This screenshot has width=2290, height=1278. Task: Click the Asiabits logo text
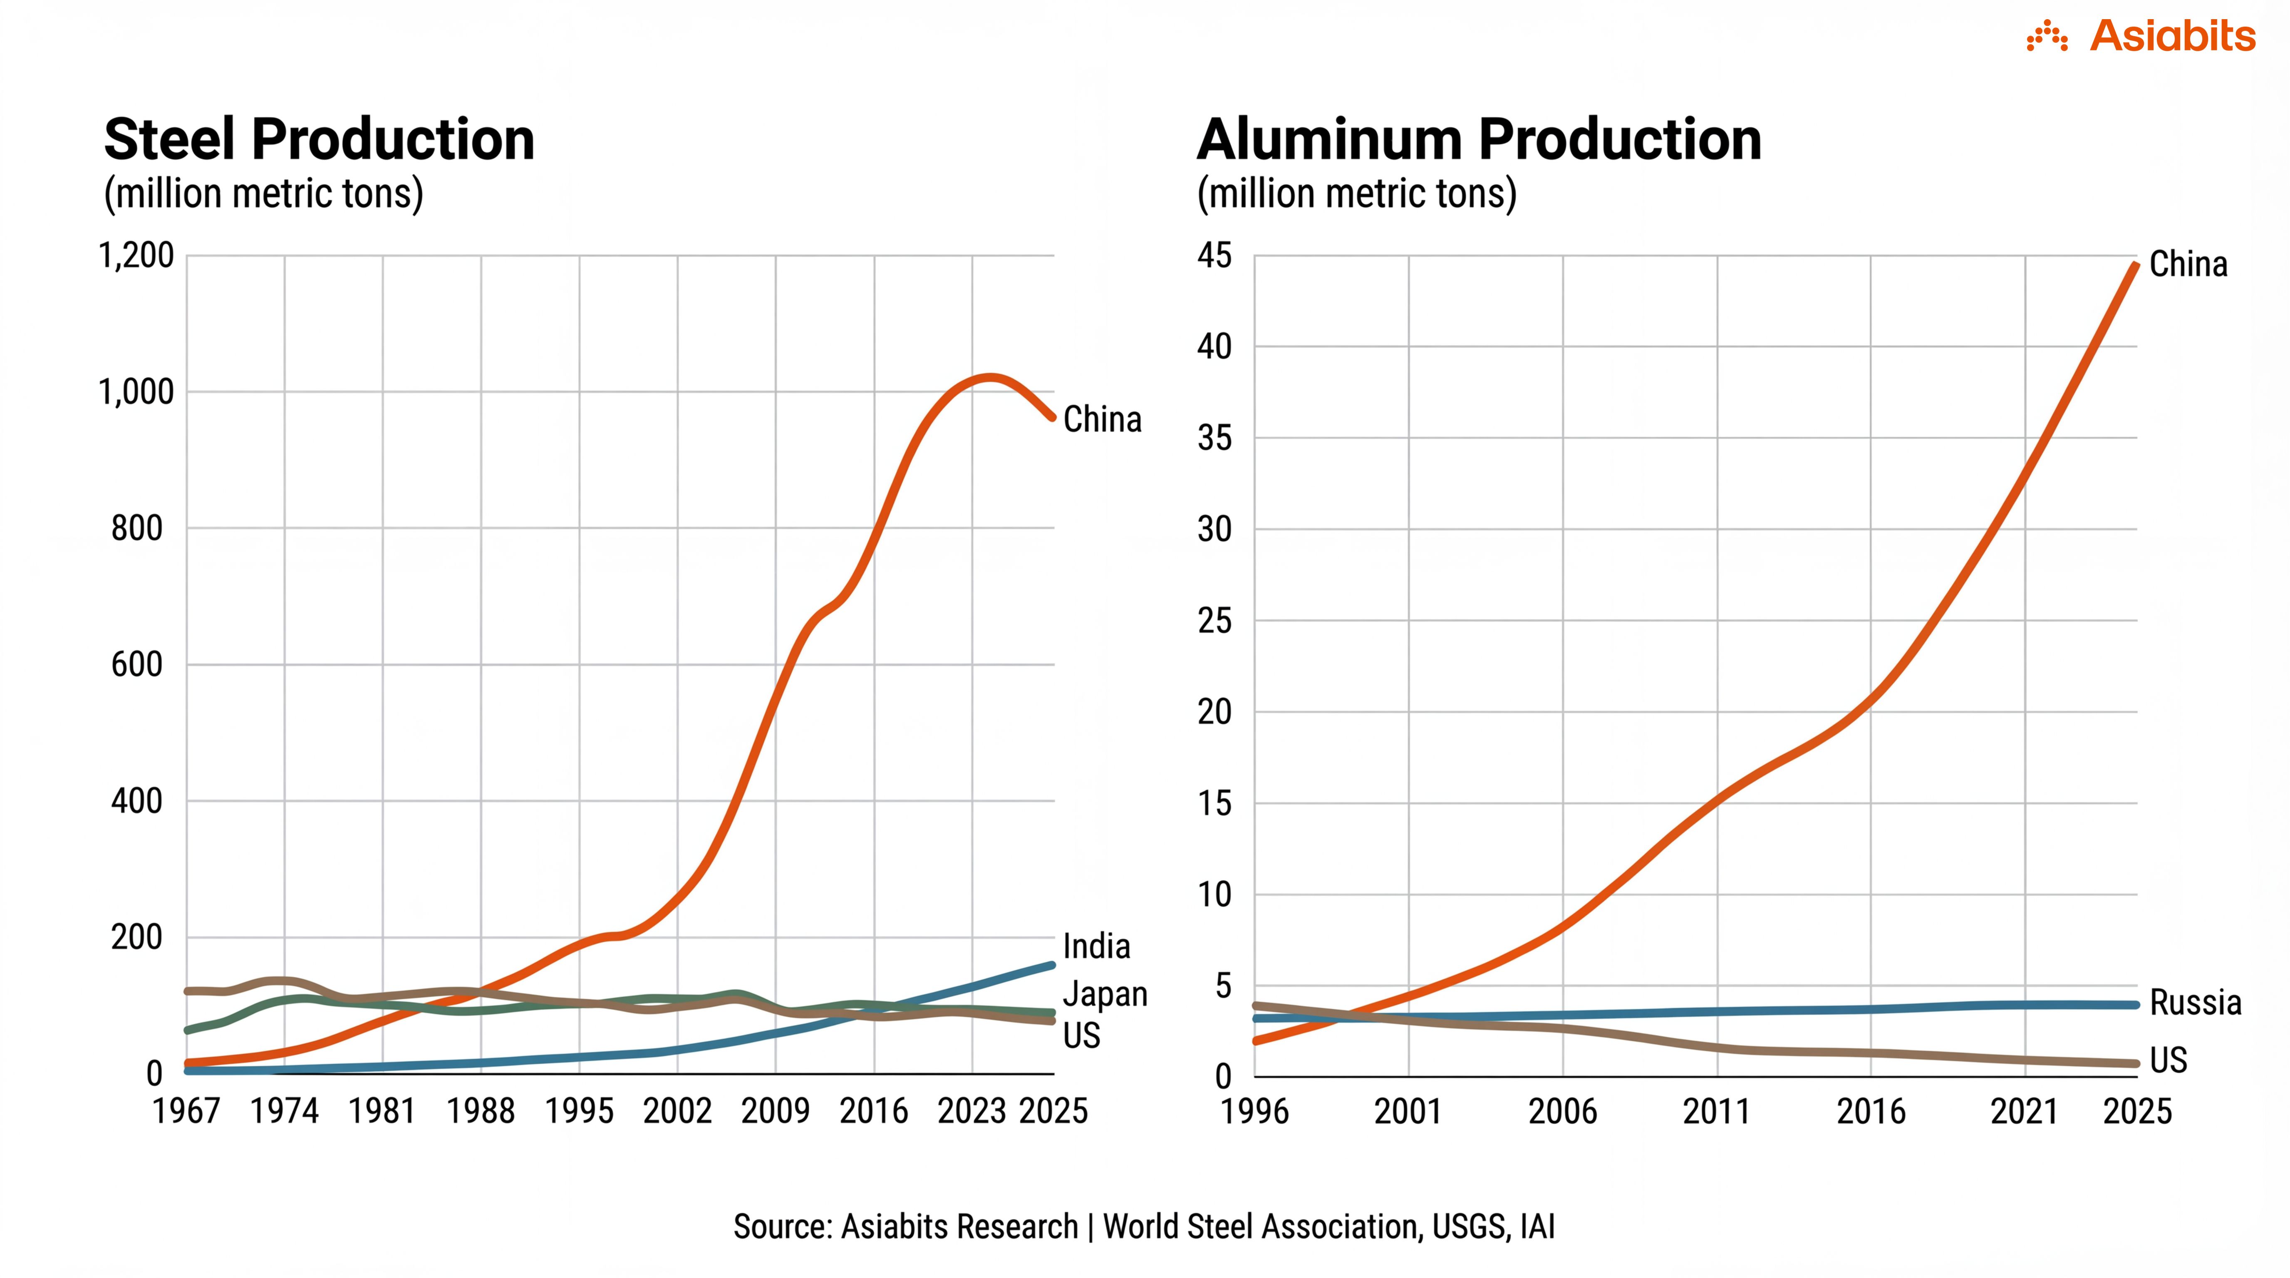coord(2172,37)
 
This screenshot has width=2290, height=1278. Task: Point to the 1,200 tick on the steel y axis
coord(136,256)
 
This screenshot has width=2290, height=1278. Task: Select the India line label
coord(1096,946)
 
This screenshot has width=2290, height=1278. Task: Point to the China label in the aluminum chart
coord(2188,264)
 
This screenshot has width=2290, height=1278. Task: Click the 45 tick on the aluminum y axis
coord(1214,256)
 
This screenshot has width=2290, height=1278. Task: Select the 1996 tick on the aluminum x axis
coord(1254,1111)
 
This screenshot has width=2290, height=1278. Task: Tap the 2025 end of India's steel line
coord(1052,965)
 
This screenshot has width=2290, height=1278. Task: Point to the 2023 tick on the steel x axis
coord(972,1111)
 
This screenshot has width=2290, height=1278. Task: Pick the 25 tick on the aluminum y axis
coord(1214,620)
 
